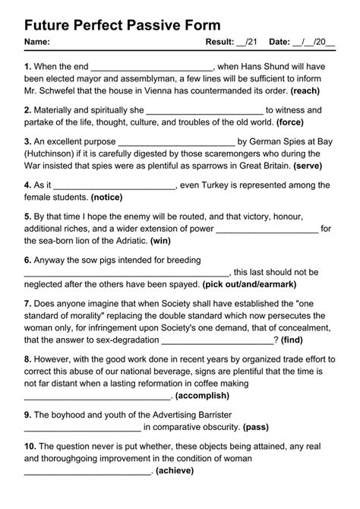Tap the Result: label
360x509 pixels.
pyautogui.click(x=223, y=42)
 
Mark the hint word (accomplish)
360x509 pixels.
pyautogui.click(x=201, y=397)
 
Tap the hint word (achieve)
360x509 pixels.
pyautogui.click(x=173, y=470)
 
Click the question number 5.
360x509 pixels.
pyautogui.click(x=27, y=215)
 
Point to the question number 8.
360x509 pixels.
pyautogui.click(x=27, y=359)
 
